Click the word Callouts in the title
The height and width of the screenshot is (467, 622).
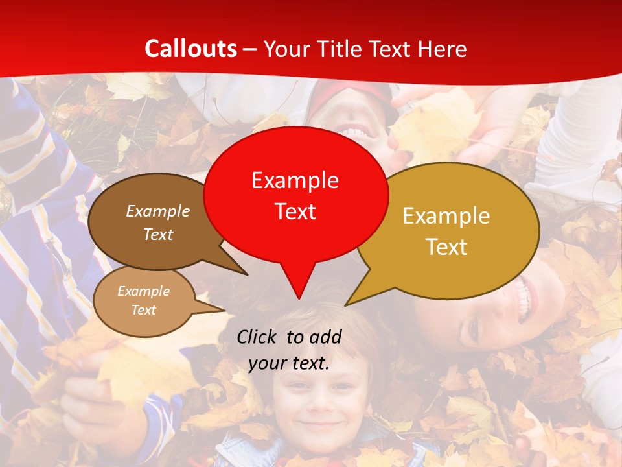tap(190, 49)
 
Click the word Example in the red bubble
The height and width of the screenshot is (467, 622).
tap(295, 180)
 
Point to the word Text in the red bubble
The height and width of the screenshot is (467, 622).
tap(295, 211)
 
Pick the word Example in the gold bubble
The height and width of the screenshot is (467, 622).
tap(446, 216)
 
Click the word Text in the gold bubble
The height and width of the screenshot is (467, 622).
tap(446, 246)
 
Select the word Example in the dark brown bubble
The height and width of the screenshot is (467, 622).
tap(157, 211)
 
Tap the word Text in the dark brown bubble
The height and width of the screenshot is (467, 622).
tap(157, 234)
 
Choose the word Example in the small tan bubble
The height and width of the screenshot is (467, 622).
tap(143, 291)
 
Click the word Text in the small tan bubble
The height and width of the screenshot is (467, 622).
tap(143, 310)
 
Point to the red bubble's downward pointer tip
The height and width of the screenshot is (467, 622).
tap(298, 298)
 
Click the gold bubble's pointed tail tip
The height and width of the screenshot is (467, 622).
tap(346, 305)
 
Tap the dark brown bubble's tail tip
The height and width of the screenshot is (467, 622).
tap(247, 274)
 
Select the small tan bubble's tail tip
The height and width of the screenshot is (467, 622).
tap(224, 311)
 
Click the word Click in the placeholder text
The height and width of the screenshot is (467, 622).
tap(257, 337)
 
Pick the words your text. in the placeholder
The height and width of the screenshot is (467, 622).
tap(289, 364)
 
